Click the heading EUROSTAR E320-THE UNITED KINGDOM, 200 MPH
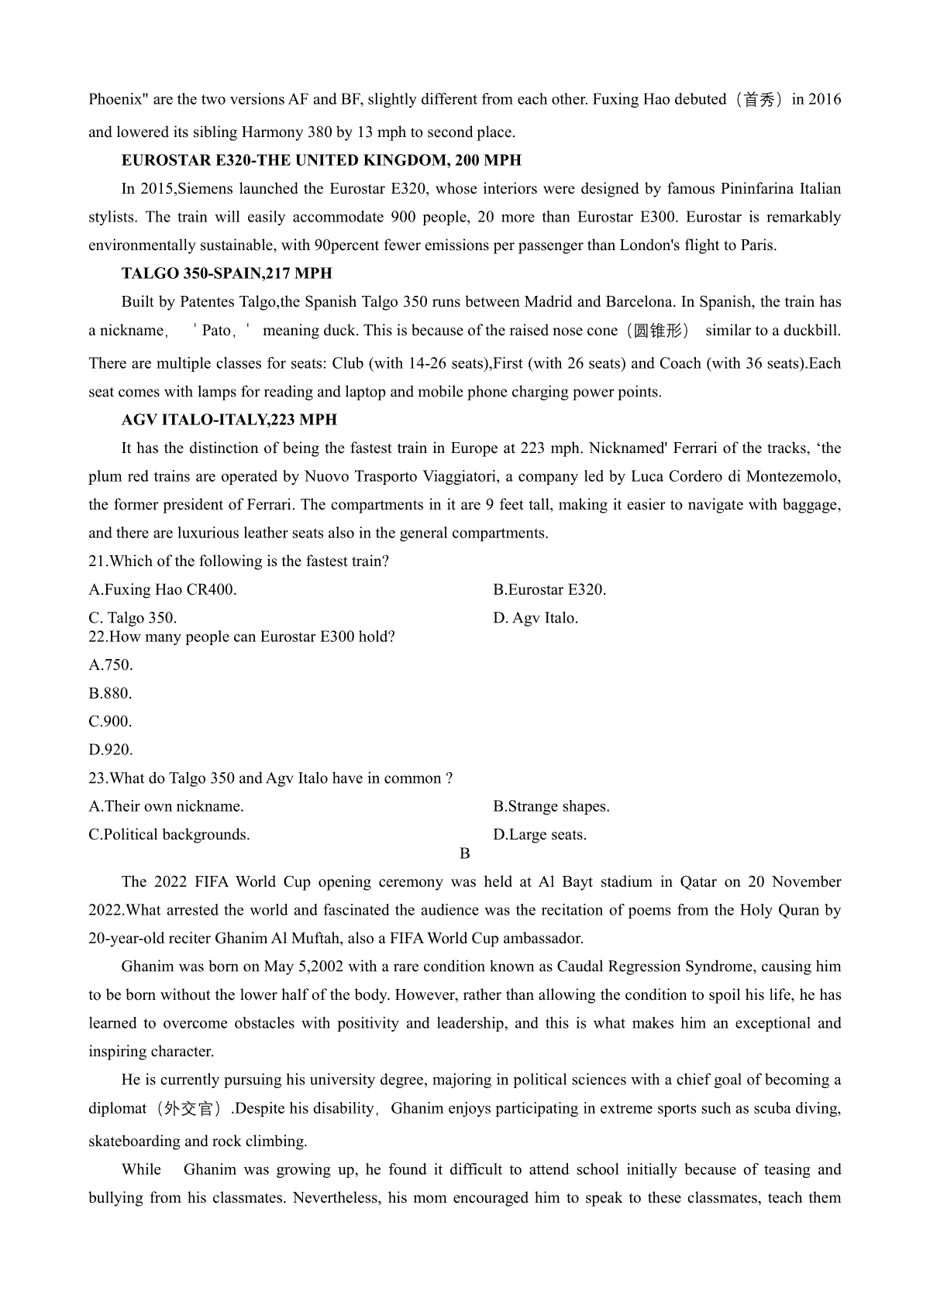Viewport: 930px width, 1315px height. tap(321, 160)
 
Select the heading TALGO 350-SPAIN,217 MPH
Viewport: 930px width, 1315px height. tap(226, 273)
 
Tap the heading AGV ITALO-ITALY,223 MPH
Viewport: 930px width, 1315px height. tap(229, 420)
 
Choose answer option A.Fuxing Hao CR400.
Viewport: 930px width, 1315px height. tap(163, 589)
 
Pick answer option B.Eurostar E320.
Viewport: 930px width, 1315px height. tap(549, 589)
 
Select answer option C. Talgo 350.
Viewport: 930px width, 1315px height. tap(133, 618)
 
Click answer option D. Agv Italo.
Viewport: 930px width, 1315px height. tap(536, 618)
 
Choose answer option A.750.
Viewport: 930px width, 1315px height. tap(111, 664)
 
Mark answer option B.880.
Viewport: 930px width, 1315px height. tap(110, 693)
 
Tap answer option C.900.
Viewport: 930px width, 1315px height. tap(110, 721)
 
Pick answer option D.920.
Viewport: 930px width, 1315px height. tap(111, 750)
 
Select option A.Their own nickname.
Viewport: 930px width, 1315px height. tap(167, 806)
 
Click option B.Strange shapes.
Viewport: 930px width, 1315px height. tap(551, 806)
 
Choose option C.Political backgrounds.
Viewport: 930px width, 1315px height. tap(169, 835)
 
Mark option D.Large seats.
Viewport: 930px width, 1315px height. tap(539, 835)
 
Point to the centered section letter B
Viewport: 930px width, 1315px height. tap(465, 853)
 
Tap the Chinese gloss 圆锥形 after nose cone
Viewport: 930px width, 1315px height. tap(661, 331)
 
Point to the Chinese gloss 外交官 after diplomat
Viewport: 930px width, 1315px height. tap(188, 1109)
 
